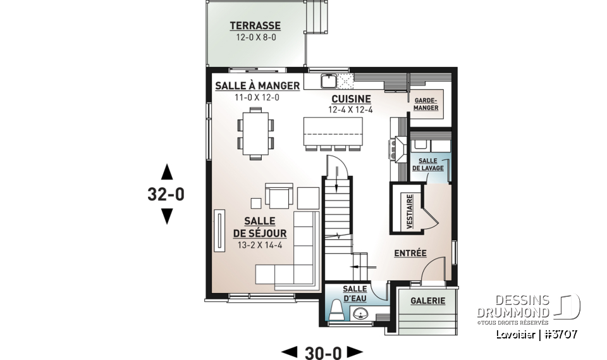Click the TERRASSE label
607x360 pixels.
click(255, 26)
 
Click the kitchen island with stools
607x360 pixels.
click(333, 131)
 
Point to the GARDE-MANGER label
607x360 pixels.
click(426, 104)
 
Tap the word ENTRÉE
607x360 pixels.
click(410, 253)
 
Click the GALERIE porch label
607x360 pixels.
click(427, 301)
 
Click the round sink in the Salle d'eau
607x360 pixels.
click(361, 313)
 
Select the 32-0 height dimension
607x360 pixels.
click(166, 195)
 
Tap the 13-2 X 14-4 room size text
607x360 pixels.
click(257, 244)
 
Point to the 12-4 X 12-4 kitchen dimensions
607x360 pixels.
click(351, 110)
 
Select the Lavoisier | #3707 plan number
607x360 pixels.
click(536, 335)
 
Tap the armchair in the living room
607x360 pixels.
click(279, 197)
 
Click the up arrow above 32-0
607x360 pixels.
click(166, 171)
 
